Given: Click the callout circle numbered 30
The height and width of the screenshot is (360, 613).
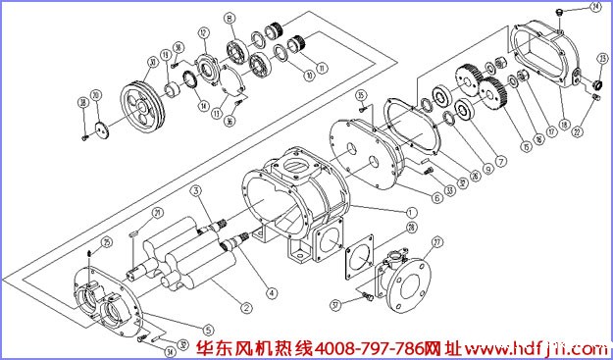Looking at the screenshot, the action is [152, 62].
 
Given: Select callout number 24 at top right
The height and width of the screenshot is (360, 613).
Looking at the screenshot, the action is [594, 9].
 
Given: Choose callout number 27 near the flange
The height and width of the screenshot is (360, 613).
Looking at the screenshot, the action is [437, 241].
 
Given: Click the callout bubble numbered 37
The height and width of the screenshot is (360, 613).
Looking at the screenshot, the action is [335, 305].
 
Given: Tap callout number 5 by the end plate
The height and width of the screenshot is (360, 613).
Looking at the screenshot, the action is [208, 328].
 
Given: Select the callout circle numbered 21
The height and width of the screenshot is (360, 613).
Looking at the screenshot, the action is [158, 213].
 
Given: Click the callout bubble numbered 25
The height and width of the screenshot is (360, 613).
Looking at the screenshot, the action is [107, 241].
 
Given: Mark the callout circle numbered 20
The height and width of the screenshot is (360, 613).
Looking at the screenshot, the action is [96, 95].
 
